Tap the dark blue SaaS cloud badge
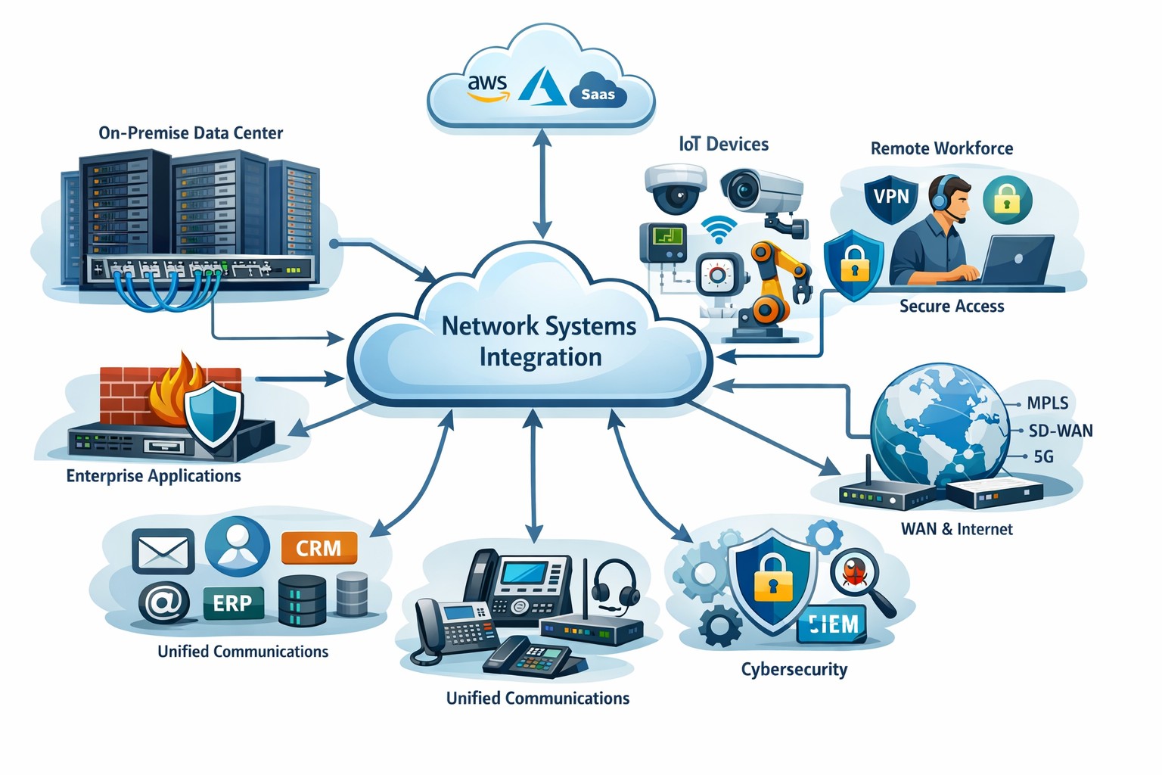598,92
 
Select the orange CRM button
318,548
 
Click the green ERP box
232,603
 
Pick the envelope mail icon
163,551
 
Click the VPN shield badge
891,198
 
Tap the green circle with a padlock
1006,200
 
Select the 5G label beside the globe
1043,456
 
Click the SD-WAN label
1061,431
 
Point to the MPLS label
1048,403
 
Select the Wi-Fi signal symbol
718,229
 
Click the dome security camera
675,188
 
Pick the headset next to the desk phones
614,584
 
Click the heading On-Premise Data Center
191,133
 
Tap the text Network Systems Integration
539,341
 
